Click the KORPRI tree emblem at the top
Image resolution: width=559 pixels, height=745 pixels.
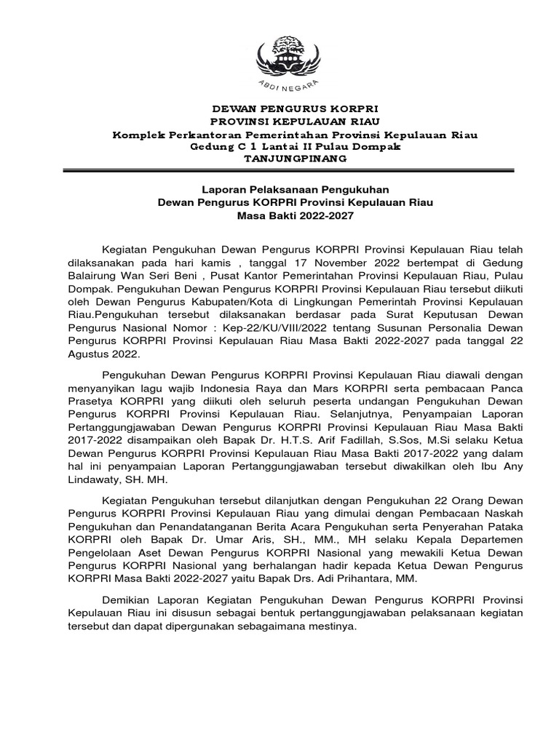click(296, 55)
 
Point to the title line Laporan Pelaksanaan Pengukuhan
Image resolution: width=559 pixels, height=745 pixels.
click(296, 189)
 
